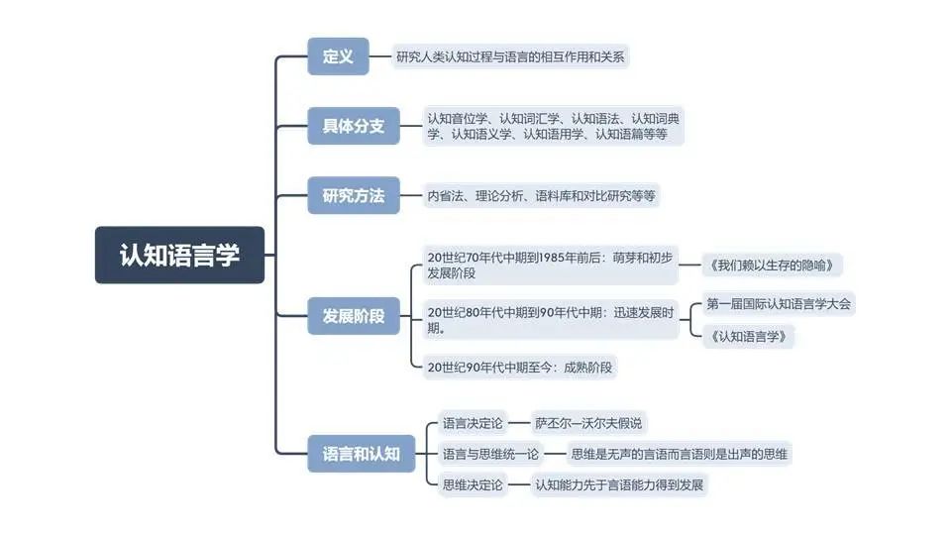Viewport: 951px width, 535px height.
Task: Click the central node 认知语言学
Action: [179, 255]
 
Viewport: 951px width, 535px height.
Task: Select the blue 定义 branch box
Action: [338, 56]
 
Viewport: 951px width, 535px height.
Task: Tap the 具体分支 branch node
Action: [353, 126]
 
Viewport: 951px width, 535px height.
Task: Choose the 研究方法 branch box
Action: [353, 195]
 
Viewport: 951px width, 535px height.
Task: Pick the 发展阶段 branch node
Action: [353, 316]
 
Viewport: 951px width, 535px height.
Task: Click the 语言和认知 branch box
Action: [361, 454]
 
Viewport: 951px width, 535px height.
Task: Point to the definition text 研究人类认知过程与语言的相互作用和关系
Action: [510, 56]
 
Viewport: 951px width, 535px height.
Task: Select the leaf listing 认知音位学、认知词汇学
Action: [553, 126]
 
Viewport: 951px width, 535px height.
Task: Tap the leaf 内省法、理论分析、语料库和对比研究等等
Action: [541, 195]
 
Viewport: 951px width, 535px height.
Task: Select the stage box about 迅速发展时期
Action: [551, 319]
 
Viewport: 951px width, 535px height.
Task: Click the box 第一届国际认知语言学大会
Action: [778, 304]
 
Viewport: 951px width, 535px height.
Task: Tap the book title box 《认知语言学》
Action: [749, 336]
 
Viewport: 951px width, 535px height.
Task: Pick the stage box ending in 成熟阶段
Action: [520, 368]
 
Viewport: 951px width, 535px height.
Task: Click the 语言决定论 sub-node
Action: [473, 423]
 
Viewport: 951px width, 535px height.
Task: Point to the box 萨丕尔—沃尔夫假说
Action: [588, 423]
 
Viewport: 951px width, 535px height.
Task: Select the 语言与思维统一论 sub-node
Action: [490, 454]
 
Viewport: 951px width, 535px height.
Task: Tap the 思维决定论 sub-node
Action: [473, 484]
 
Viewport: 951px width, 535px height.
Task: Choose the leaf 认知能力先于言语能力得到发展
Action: [621, 484]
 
